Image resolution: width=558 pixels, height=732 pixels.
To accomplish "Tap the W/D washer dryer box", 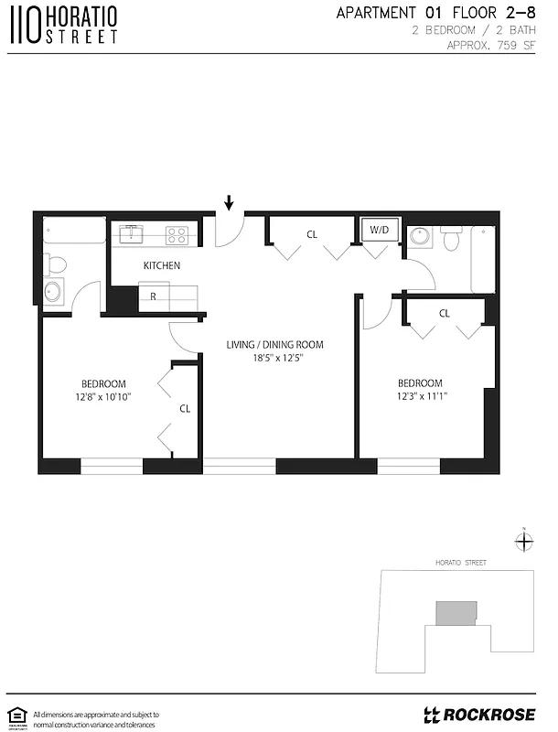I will tap(380, 230).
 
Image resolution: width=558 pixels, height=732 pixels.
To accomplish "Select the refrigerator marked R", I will tap(154, 296).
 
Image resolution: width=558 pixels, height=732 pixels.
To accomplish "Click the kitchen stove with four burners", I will tap(177, 234).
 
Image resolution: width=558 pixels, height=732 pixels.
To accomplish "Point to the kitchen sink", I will tap(132, 233).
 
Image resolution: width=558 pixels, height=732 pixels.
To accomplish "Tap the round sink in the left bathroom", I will tap(54, 293).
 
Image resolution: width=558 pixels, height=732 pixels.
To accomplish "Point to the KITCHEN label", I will tap(161, 265).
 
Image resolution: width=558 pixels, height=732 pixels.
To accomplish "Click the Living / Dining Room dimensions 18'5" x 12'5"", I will tap(275, 359).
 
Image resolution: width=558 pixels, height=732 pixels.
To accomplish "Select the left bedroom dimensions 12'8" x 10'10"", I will tap(103, 397).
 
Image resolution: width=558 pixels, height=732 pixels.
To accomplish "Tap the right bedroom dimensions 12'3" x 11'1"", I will tap(419, 396).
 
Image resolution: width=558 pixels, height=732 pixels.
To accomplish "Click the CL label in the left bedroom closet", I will tap(184, 409).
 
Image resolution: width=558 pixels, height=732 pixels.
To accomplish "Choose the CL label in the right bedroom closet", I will tap(444, 313).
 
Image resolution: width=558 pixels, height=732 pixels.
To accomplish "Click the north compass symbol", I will tap(523, 541).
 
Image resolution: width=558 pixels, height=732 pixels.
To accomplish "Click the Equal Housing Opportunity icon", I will tap(16, 715).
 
